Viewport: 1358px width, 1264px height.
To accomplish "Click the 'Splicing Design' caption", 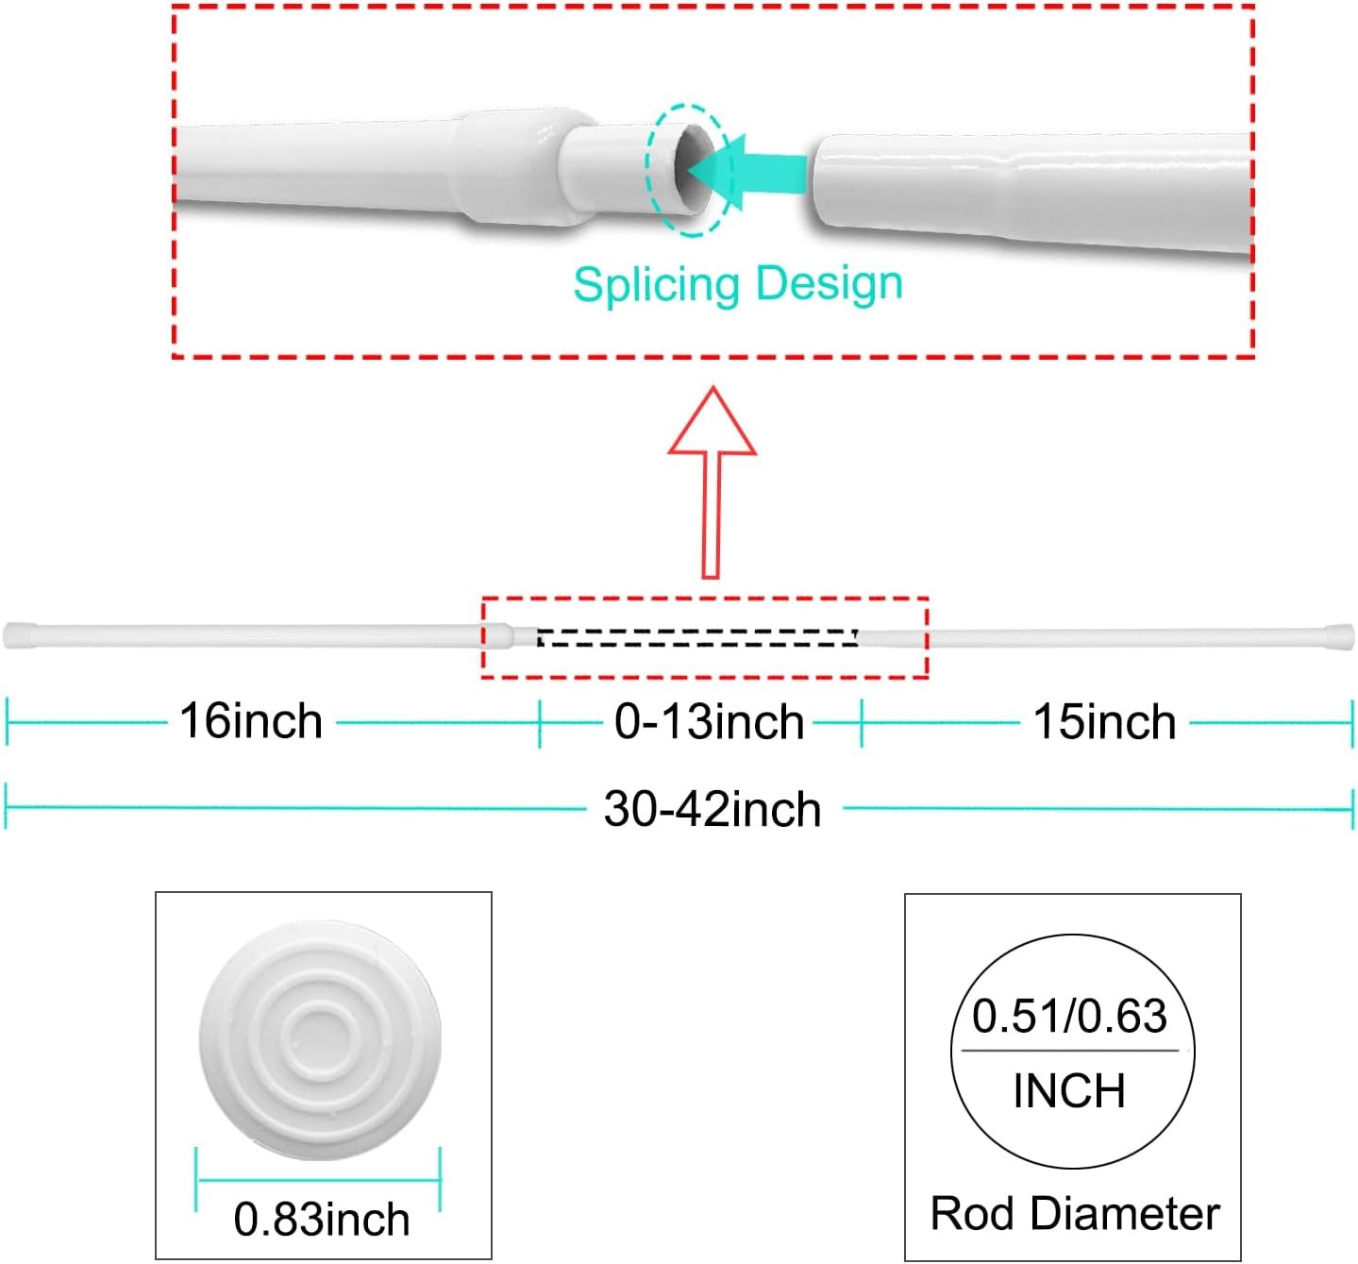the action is pyautogui.click(x=737, y=283).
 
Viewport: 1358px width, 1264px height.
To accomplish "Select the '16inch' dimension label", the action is pyautogui.click(x=251, y=721).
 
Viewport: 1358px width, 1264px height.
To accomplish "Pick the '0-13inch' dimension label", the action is pyautogui.click(x=709, y=722).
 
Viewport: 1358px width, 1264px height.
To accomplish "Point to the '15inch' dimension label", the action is pyautogui.click(x=1105, y=722).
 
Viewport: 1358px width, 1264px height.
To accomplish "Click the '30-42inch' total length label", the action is pyautogui.click(x=713, y=809).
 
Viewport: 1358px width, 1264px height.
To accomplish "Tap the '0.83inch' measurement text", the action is pyautogui.click(x=322, y=1219).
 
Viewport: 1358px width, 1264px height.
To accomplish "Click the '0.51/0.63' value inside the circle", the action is pyautogui.click(x=1069, y=1016).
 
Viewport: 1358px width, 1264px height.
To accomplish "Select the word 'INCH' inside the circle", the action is pyautogui.click(x=1069, y=1091).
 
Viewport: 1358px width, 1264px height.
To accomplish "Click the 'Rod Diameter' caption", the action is pyautogui.click(x=1075, y=1214).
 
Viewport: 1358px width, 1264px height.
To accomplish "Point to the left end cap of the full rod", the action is pyautogui.click(x=19, y=635).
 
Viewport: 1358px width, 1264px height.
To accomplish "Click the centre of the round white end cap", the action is pyautogui.click(x=320, y=1039).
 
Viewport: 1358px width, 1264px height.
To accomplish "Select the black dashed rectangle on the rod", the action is pyautogui.click(x=697, y=637).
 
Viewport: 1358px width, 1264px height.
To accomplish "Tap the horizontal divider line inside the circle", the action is pyautogui.click(x=1069, y=1050).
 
